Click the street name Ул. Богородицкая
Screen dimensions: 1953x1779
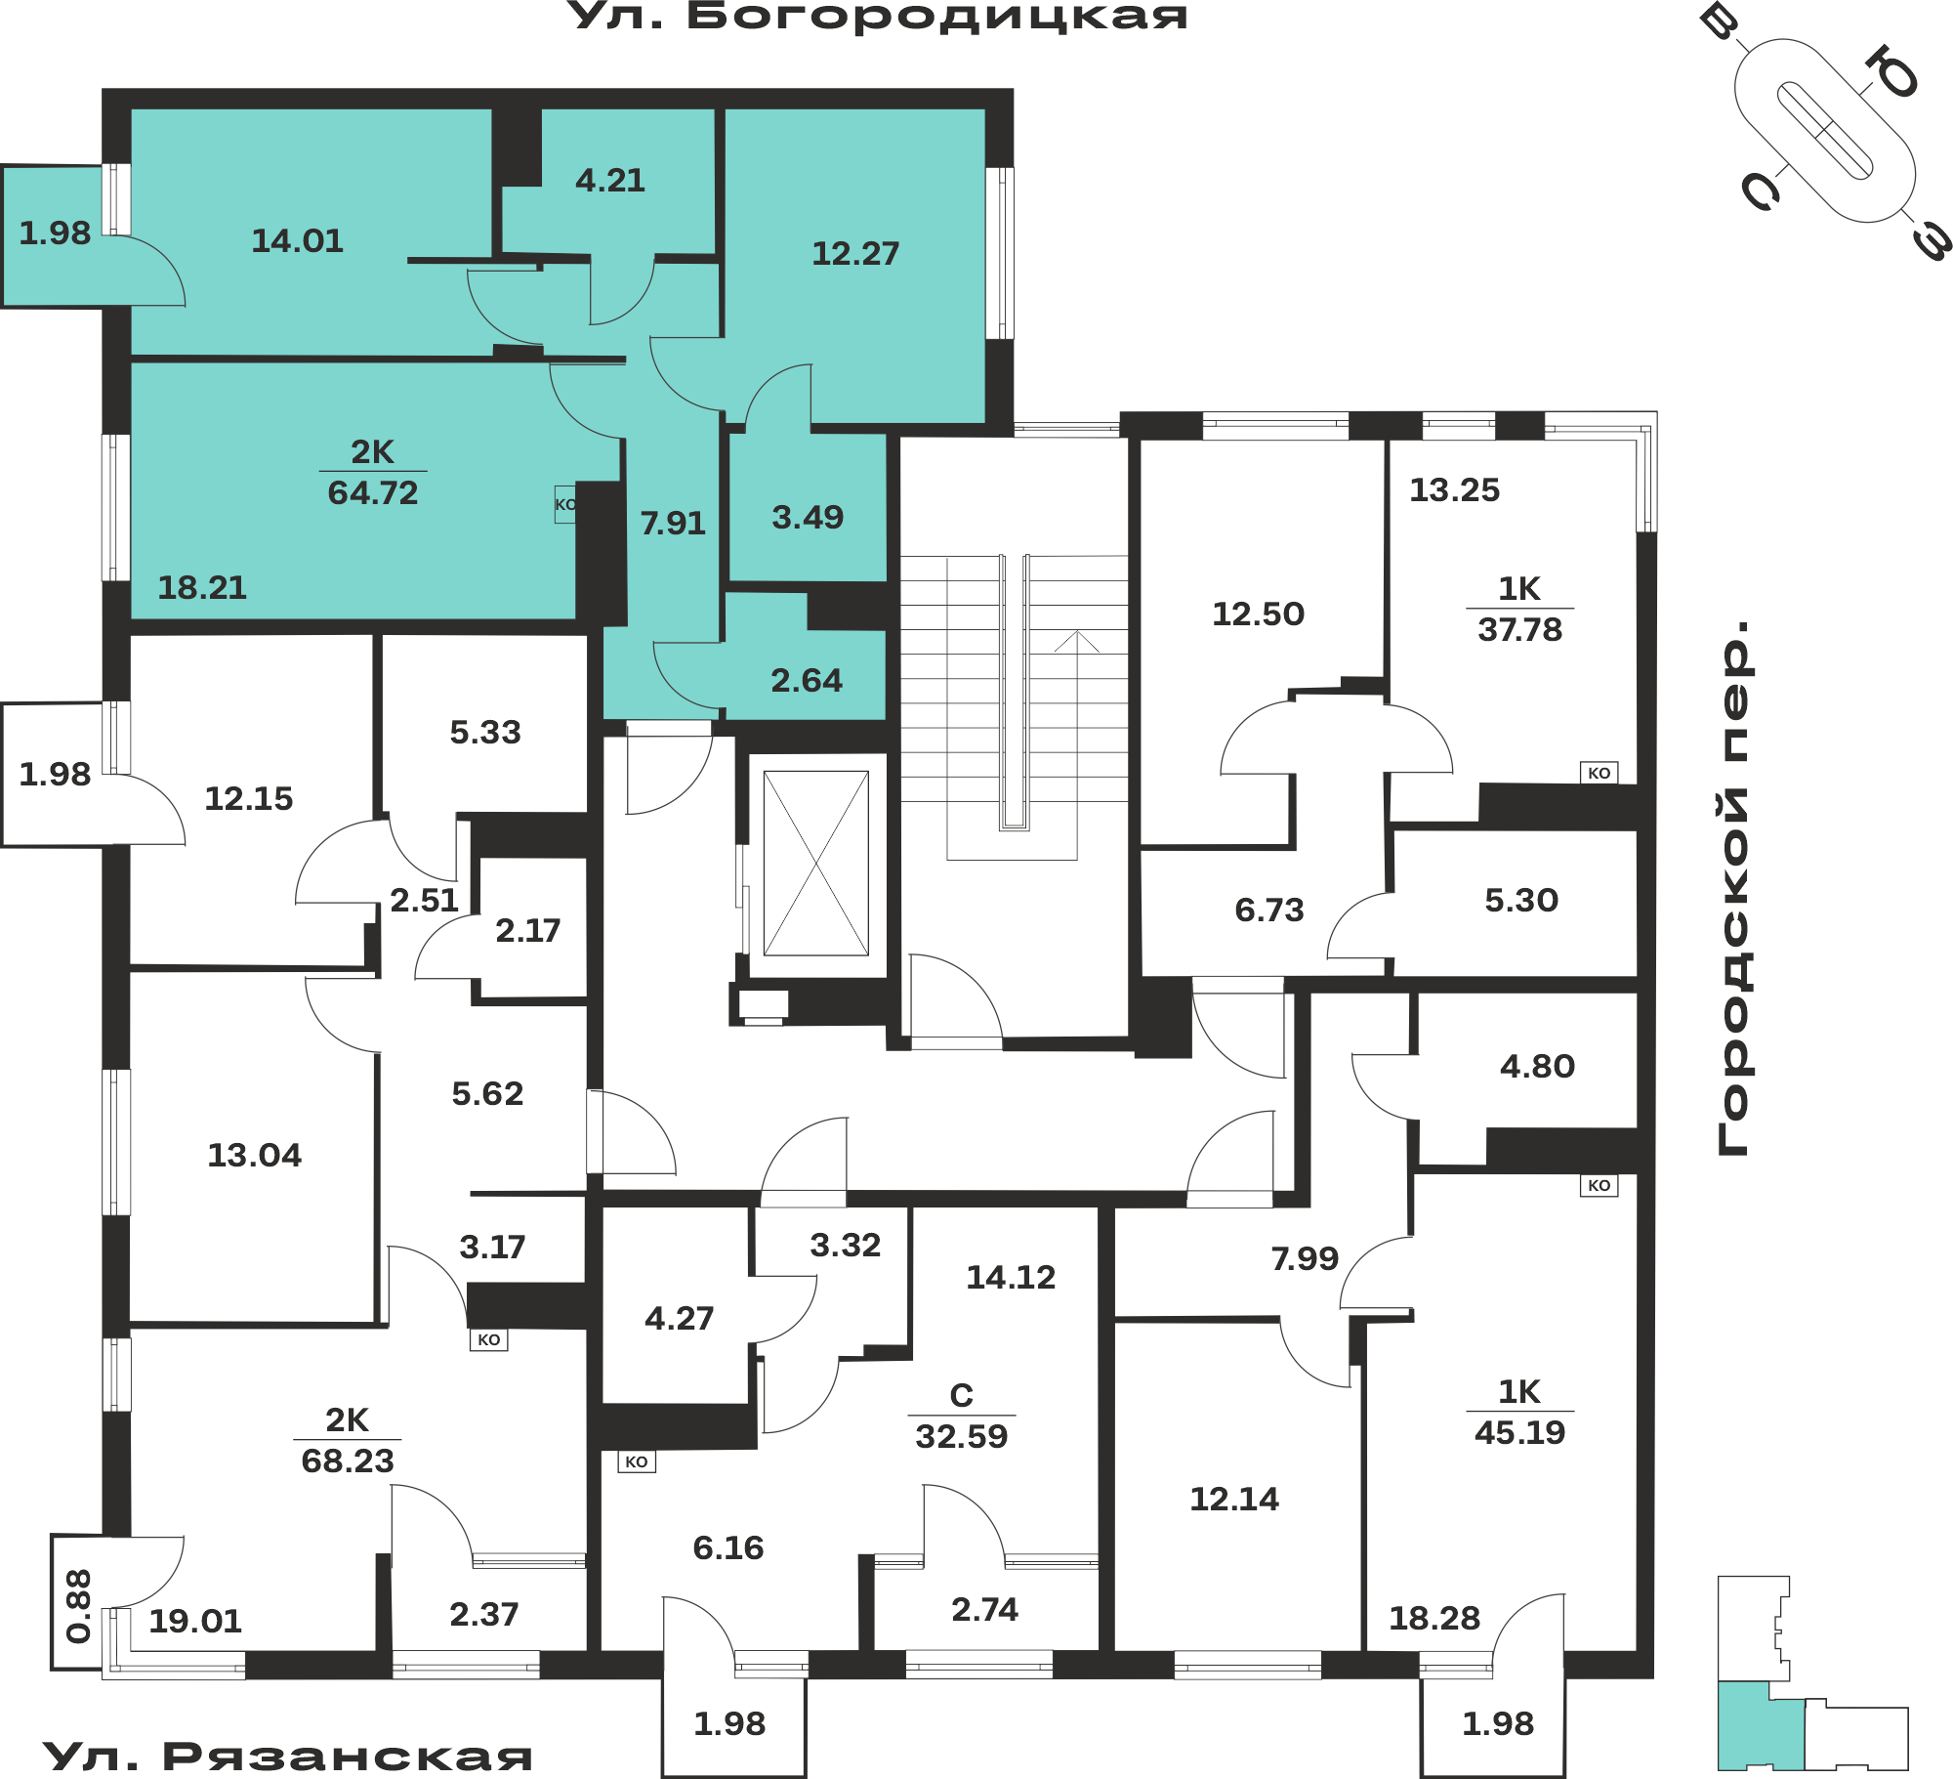coord(878,17)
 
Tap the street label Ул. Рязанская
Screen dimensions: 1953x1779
coord(288,1756)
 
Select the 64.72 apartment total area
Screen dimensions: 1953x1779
coord(373,492)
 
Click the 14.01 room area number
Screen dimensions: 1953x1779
coord(298,240)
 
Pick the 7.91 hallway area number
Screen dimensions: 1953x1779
coord(673,523)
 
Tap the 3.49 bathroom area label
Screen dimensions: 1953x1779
coord(808,517)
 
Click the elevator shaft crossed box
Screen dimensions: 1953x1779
coord(816,864)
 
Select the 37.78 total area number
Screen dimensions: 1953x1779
coord(1520,629)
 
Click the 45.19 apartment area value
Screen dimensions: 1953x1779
coord(1520,1432)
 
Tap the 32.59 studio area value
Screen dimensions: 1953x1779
coord(962,1436)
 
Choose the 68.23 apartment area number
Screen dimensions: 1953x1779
coord(348,1461)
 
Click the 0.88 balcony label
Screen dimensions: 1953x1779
coord(78,1606)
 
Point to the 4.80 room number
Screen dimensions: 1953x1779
coord(1538,1066)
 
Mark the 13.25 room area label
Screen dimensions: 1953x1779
coord(1455,489)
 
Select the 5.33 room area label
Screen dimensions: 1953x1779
coord(485,732)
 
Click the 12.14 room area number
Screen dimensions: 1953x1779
coord(1234,1499)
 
